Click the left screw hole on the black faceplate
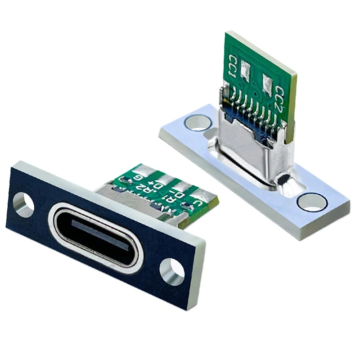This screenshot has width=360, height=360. click(23, 204)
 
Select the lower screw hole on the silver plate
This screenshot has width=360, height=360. click(312, 202)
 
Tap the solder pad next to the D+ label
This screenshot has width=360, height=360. click(165, 178)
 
